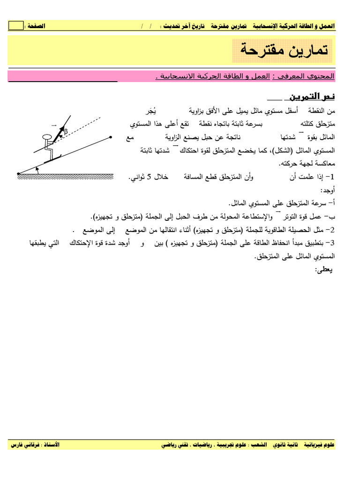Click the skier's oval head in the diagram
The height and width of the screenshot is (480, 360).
click(x=47, y=137)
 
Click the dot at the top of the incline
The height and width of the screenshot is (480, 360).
click(x=111, y=137)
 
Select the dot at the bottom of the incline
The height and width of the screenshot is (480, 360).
click(x=18, y=174)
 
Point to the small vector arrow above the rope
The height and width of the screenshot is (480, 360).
click(x=53, y=126)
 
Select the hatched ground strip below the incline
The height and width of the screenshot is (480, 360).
click(x=66, y=176)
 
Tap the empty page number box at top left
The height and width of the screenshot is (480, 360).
click(x=15, y=26)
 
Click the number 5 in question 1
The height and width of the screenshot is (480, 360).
click(x=149, y=177)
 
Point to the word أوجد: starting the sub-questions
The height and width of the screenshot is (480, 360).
click(x=327, y=191)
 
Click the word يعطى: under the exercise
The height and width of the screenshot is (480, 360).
click(x=324, y=270)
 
